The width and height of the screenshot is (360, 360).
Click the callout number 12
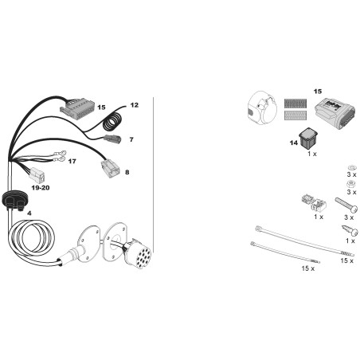[x=135, y=105]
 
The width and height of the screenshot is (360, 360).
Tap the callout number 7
[x=131, y=139]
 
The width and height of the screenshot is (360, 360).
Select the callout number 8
[x=127, y=172]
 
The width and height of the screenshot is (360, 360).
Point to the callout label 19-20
[x=41, y=188]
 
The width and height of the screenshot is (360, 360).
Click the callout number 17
[x=72, y=161]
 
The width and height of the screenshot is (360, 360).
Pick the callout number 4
[x=29, y=213]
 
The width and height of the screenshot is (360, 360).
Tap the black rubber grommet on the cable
[x=15, y=200]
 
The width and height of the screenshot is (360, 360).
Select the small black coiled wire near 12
[x=112, y=123]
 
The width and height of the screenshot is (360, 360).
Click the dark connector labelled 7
[x=112, y=139]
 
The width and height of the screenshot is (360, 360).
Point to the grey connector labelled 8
[x=110, y=169]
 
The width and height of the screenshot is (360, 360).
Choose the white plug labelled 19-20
[x=37, y=175]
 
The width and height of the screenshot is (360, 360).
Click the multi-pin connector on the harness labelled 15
[x=76, y=108]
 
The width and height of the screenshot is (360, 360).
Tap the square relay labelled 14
[x=309, y=138]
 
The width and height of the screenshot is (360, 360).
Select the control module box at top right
[x=335, y=113]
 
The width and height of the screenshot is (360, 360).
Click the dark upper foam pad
[x=295, y=104]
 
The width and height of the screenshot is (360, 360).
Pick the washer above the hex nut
[x=352, y=167]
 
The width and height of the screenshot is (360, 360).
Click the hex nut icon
[x=351, y=183]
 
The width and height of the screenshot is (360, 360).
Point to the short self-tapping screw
[x=350, y=230]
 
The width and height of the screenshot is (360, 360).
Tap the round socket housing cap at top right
[x=262, y=108]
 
